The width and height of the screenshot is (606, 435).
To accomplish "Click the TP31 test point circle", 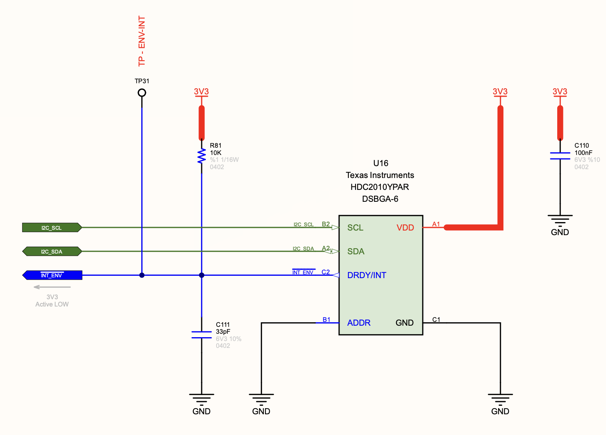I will (142, 93).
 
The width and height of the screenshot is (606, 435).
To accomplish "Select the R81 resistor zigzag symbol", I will (202, 156).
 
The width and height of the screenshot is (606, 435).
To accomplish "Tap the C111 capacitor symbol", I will (202, 334).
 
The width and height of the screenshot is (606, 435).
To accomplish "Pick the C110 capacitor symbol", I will (560, 156).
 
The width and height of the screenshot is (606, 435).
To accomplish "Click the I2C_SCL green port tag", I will (52, 227).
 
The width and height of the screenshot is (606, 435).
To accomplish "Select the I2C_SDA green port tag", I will (52, 251).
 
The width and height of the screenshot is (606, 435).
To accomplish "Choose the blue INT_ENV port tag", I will (52, 275).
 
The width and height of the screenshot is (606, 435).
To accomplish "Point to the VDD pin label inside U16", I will (405, 227).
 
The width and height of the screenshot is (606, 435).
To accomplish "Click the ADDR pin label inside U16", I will (359, 323).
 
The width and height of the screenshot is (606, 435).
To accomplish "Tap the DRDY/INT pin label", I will (366, 275).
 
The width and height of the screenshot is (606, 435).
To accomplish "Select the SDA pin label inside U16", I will (356, 251).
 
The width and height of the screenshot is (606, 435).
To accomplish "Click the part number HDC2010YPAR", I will (379, 187).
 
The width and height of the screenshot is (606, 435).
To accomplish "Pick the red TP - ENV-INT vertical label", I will (142, 41).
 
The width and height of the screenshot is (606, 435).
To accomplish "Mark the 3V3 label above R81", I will (201, 91).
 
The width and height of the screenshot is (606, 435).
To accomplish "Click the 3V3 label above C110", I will (560, 91).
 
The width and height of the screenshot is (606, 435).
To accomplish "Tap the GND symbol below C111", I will (202, 399).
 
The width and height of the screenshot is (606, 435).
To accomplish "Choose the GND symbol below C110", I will (560, 220).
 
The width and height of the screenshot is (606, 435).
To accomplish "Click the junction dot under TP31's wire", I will (142, 275).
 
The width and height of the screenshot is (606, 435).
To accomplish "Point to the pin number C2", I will (326, 272).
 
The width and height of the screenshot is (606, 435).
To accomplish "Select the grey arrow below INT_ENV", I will (52, 287).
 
